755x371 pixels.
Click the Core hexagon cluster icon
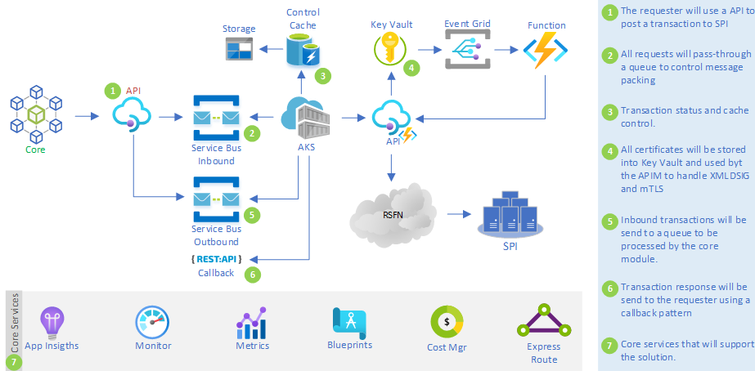click(x=34, y=114)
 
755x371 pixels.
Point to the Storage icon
click(x=240, y=51)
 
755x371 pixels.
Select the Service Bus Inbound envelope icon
click(x=215, y=117)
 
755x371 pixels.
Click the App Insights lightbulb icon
click(x=52, y=322)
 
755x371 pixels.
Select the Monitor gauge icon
click(x=152, y=322)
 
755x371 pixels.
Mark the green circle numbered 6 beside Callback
click(x=254, y=275)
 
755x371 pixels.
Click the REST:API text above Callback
click(x=215, y=259)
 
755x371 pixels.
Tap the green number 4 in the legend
click(x=609, y=150)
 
